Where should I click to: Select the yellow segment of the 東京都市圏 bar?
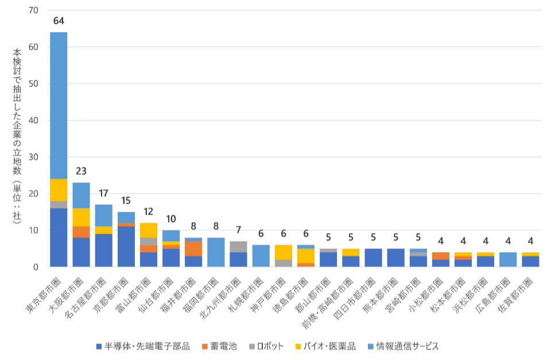click(x=59, y=189)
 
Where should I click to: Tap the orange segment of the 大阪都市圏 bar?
click(x=81, y=231)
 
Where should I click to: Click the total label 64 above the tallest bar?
click(x=59, y=21)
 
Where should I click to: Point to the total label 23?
click(x=81, y=171)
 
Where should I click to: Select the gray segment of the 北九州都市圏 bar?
click(x=238, y=246)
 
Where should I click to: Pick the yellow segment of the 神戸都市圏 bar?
click(x=284, y=252)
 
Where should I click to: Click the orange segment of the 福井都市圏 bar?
click(x=193, y=248)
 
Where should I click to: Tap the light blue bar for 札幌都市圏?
click(x=261, y=256)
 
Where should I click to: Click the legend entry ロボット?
click(x=267, y=346)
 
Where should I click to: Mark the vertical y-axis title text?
click(x=17, y=138)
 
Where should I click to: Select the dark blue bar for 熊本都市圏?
click(x=395, y=258)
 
